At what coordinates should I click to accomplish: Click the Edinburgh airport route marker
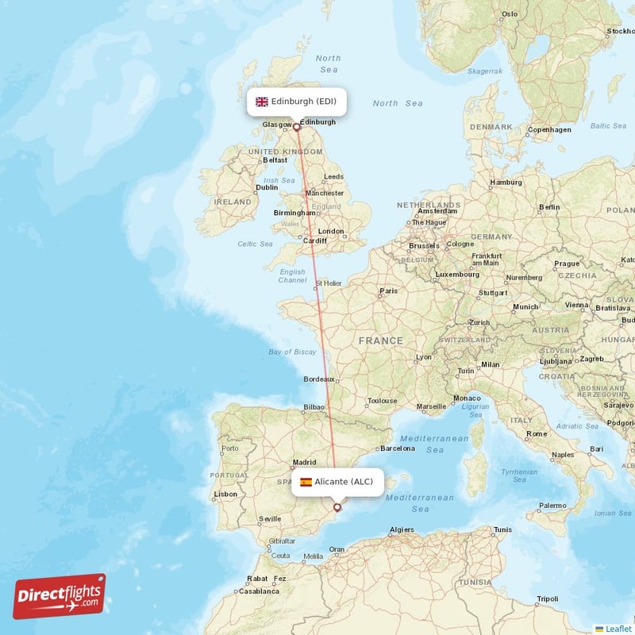297,126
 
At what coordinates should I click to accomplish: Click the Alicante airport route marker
337,506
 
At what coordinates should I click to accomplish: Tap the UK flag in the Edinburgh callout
261,102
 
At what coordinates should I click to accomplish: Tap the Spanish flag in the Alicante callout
306,482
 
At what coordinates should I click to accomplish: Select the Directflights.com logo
60,596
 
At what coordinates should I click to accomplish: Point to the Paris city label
388,291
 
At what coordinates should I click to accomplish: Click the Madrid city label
305,462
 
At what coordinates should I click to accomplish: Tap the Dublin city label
267,187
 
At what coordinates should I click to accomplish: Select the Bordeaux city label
319,379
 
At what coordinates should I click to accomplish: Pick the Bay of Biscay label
292,352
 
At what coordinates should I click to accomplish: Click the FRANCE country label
380,341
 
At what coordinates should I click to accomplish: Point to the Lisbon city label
225,494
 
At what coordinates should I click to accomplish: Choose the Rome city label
537,433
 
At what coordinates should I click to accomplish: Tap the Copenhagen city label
549,129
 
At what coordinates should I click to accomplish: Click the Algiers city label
402,529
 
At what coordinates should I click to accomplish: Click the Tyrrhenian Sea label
519,475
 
